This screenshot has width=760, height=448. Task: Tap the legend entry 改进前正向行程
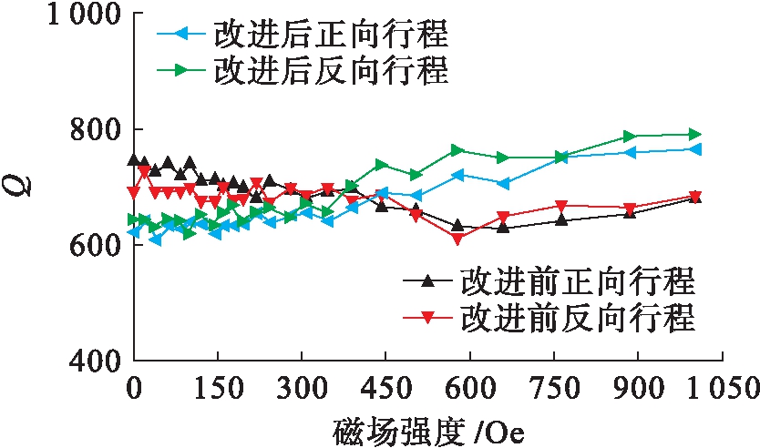point(578,278)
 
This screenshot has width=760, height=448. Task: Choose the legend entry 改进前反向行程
point(578,318)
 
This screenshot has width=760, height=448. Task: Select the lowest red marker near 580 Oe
point(457,239)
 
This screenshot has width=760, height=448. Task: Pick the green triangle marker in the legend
point(180,69)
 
